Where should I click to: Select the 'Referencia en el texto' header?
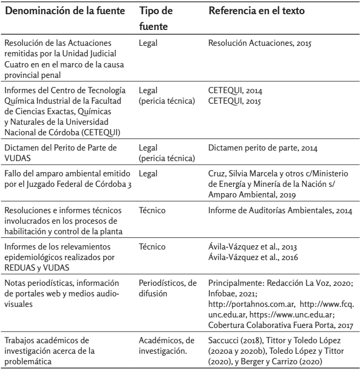coord(258,10)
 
